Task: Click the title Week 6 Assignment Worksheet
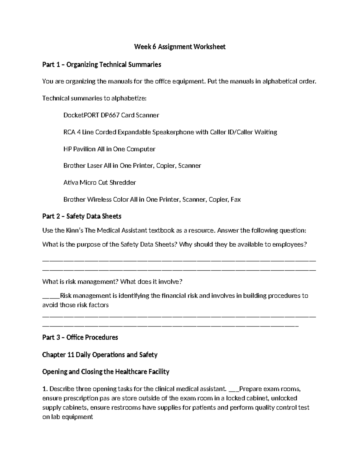tap(180, 47)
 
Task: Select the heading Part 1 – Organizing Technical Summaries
tap(102, 65)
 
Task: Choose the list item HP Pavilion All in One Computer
tap(109, 149)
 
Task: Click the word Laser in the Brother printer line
tap(94, 166)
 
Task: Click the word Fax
tap(235, 200)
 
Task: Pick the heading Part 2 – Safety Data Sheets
tap(82, 216)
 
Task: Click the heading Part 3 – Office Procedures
tap(80, 338)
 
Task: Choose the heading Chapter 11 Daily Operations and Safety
tap(100, 355)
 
